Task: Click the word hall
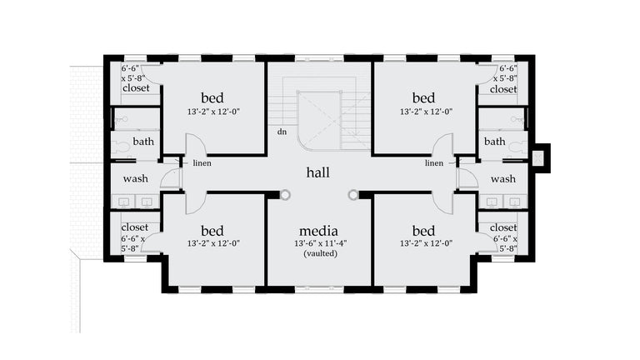pyautogui.click(x=317, y=172)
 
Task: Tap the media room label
pyautogui.click(x=317, y=230)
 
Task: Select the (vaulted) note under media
pyautogui.click(x=319, y=253)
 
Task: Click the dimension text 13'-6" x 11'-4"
pyautogui.click(x=319, y=243)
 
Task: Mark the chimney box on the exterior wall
pyautogui.click(x=539, y=157)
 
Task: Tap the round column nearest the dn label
pyautogui.click(x=285, y=195)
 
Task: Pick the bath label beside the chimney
pyautogui.click(x=495, y=142)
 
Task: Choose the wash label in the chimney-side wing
pyautogui.click(x=503, y=179)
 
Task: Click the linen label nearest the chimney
pyautogui.click(x=434, y=163)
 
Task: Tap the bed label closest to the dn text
pyautogui.click(x=212, y=98)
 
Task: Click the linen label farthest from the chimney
pyautogui.click(x=202, y=163)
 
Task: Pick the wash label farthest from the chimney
pyautogui.click(x=136, y=179)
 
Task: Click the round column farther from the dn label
pyautogui.click(x=353, y=195)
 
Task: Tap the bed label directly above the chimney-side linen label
pyautogui.click(x=423, y=98)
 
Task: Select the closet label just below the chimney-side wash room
pyautogui.click(x=503, y=227)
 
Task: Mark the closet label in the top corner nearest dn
pyautogui.click(x=136, y=88)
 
